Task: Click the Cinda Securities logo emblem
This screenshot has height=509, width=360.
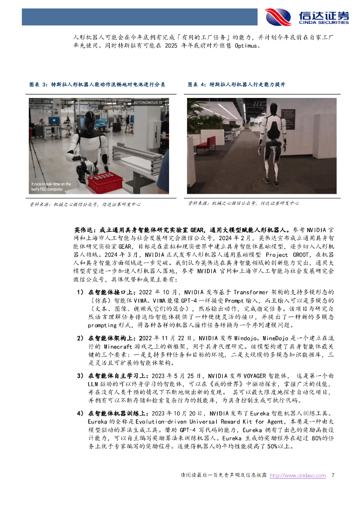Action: pos(278,16)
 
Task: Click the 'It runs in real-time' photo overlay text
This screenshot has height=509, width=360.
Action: pos(51,186)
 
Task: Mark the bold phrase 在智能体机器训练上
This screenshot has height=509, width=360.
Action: pos(117,413)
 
